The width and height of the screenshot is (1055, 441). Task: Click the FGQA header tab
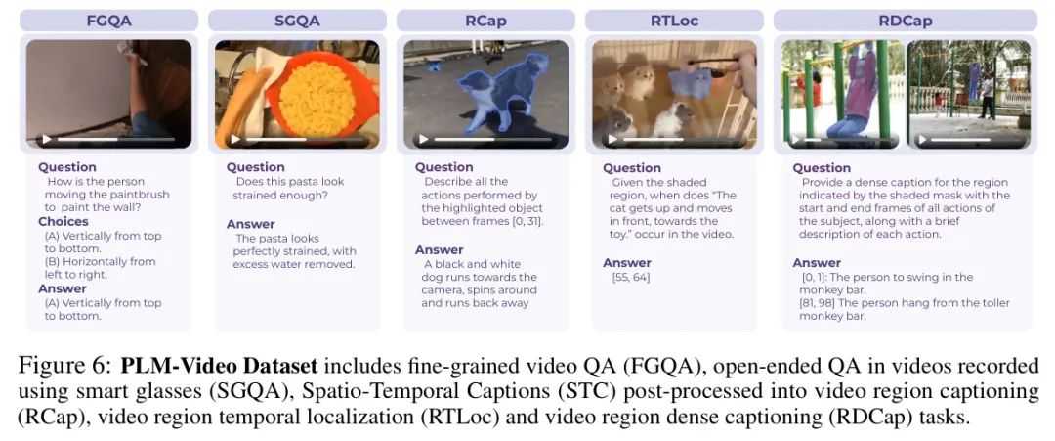pyautogui.click(x=109, y=21)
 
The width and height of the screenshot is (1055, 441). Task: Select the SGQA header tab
pyautogui.click(x=297, y=21)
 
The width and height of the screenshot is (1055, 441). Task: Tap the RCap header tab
pyautogui.click(x=485, y=21)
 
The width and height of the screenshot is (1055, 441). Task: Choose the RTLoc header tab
pyautogui.click(x=674, y=21)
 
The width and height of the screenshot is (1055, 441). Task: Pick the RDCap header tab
pyautogui.click(x=906, y=21)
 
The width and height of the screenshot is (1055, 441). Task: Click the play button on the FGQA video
pyautogui.click(x=47, y=140)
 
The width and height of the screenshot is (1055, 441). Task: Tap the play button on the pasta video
pyautogui.click(x=234, y=140)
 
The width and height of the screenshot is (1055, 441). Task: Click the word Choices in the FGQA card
pyautogui.click(x=63, y=222)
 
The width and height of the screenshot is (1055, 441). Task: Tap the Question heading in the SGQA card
pyautogui.click(x=255, y=167)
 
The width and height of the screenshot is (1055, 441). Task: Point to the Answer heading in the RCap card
pyautogui.click(x=440, y=250)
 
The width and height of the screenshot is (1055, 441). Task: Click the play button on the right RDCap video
pyautogui.click(x=922, y=140)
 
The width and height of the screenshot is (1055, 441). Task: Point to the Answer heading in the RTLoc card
pyautogui.click(x=628, y=263)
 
